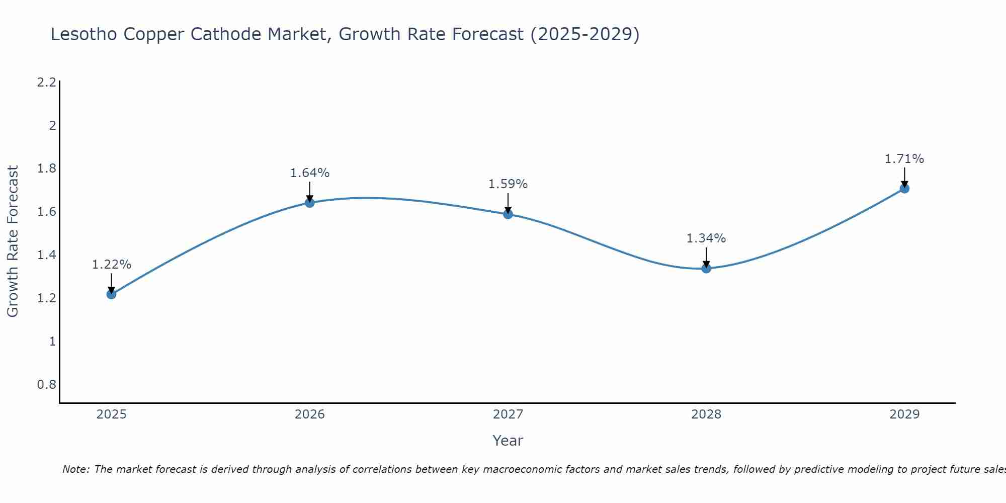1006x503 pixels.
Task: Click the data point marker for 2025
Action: point(112,294)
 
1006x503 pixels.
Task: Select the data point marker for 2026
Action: point(310,203)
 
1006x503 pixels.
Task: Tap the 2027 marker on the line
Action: point(508,214)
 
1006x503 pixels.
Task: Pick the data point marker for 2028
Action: point(706,268)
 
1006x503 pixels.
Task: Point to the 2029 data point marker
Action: point(904,189)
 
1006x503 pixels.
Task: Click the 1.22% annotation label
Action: point(112,265)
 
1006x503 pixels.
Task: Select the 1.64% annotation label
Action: point(310,173)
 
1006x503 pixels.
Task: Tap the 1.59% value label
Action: point(508,184)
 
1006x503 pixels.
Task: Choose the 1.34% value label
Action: point(706,238)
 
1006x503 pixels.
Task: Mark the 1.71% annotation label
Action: point(904,159)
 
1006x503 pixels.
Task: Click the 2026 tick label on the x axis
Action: point(310,414)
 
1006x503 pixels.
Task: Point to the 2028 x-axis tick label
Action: point(706,414)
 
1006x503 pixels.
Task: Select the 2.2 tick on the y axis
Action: point(47,82)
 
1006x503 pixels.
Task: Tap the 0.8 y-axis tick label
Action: point(47,385)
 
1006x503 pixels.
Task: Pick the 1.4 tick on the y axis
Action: point(47,255)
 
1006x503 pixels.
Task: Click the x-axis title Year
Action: point(508,441)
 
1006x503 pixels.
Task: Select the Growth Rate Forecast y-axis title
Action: point(13,241)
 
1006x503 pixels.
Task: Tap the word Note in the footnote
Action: point(75,469)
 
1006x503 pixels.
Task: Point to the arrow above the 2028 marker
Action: point(706,257)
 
